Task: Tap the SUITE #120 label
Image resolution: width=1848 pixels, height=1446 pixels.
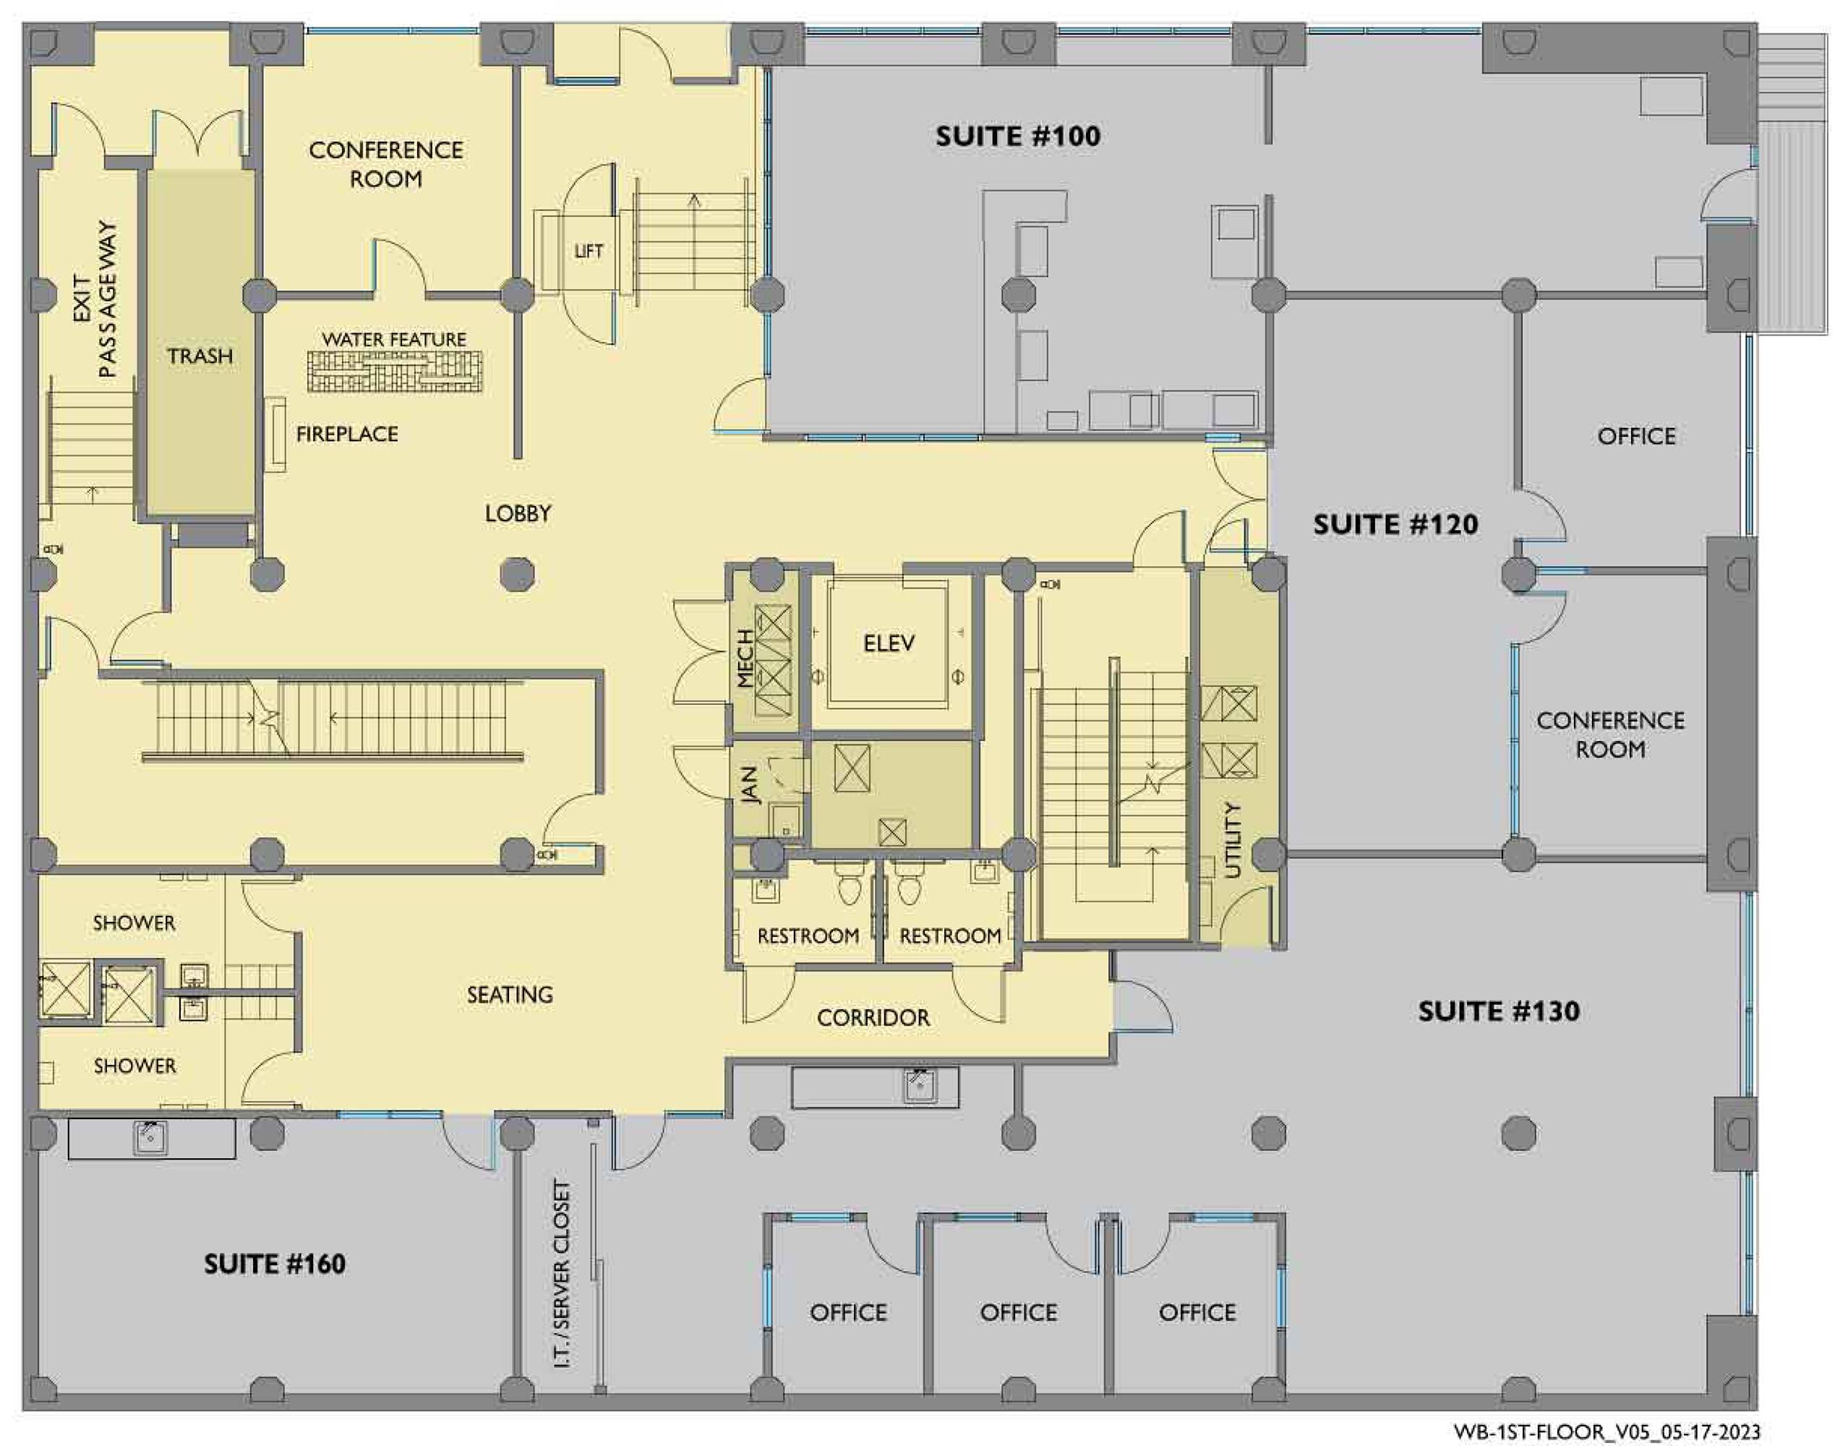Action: [1395, 524]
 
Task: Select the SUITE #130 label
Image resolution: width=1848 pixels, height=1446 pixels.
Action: [1498, 1011]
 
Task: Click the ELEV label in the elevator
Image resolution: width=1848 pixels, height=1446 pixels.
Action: [889, 643]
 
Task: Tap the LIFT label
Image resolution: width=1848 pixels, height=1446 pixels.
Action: [589, 251]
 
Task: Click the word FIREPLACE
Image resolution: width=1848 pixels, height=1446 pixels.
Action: [347, 435]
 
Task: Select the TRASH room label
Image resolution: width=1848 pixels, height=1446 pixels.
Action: [200, 356]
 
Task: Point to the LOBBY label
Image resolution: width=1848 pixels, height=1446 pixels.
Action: [518, 513]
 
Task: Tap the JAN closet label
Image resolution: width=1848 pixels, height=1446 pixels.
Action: [749, 786]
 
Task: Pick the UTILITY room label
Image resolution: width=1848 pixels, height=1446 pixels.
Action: [1233, 840]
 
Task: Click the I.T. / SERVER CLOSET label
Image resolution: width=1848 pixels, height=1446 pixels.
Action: [561, 1275]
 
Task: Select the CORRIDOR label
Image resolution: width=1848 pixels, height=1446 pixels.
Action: [873, 1017]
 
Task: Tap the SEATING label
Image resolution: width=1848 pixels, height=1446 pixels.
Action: [510, 995]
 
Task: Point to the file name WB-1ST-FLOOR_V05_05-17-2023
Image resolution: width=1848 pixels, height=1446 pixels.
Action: [1607, 1432]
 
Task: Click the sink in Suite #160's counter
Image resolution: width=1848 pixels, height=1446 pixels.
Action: [150, 1138]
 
